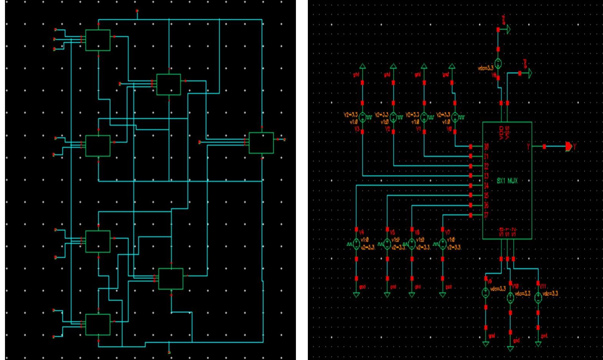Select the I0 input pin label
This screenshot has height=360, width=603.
point(486,147)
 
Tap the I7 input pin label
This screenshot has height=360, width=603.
point(486,215)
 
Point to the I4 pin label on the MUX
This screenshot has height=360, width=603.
point(486,186)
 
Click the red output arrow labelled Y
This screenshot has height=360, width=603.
point(568,146)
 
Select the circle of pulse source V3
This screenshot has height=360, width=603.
point(363,116)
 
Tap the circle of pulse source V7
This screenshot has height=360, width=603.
point(443,244)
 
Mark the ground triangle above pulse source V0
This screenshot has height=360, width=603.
point(452,67)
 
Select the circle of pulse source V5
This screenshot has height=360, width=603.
point(387,244)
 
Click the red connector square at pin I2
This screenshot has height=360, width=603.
point(471,166)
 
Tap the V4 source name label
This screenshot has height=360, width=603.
point(361,232)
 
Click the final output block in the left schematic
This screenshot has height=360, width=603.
point(261,143)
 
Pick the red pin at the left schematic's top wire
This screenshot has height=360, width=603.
point(137,11)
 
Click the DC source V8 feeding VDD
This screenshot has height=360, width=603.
point(498,63)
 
